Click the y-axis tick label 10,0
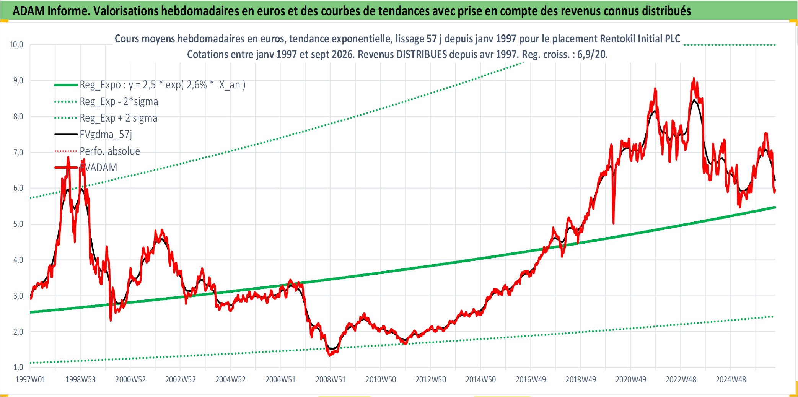(16, 45)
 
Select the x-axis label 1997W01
(30, 379)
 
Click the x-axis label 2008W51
(331, 379)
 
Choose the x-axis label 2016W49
(531, 379)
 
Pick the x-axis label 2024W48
(731, 379)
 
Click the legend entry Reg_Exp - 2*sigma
(119, 101)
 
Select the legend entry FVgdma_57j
(106, 134)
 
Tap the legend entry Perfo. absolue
(109, 151)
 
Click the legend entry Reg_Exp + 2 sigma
(118, 118)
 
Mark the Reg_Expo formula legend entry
(162, 85)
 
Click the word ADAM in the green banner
(29, 11)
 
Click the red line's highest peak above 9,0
(694, 78)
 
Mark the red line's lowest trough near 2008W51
(330, 356)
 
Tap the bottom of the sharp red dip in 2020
(614, 223)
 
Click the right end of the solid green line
(775, 207)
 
